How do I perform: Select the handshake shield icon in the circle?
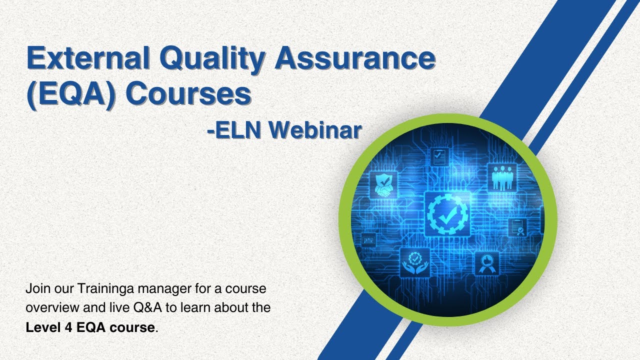coord(383,184)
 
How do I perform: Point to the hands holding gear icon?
coord(415,263)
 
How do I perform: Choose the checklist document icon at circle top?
coord(440,156)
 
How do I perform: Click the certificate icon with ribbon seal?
coord(517,227)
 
